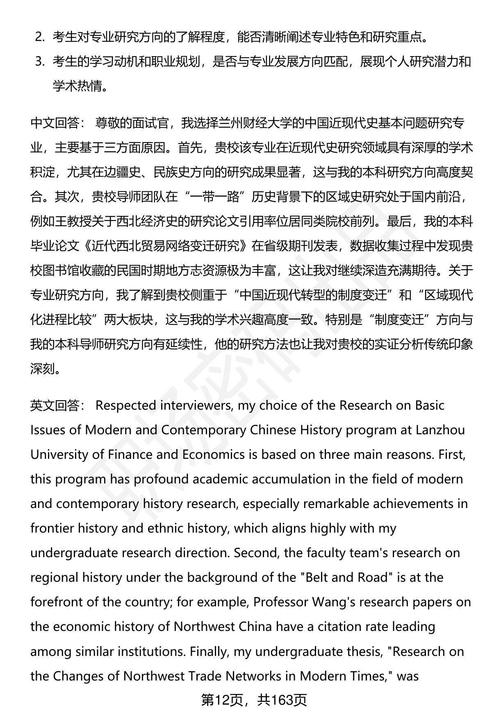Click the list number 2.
click(x=39, y=37)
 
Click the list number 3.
click(x=39, y=62)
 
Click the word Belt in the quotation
click(x=314, y=578)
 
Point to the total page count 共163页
click(x=282, y=701)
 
